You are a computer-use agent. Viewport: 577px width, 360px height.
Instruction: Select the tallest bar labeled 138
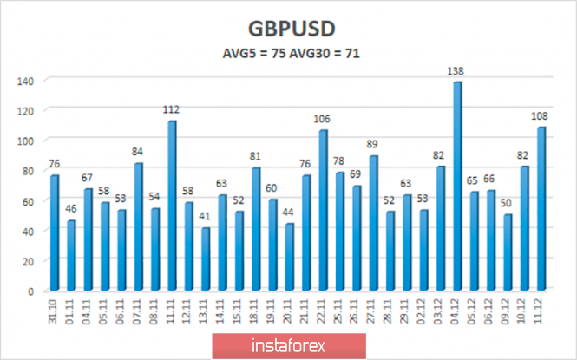tap(457, 187)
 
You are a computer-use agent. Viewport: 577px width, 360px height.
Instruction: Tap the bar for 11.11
tap(172, 206)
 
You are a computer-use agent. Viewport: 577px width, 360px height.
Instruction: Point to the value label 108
tap(541, 116)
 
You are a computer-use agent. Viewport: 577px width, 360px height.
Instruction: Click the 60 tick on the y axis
tap(27, 200)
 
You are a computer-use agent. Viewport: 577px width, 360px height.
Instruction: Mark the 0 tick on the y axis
tap(30, 291)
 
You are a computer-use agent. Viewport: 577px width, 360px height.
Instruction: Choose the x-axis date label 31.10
tap(55, 311)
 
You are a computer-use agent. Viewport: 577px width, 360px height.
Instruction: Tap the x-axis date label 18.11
tap(256, 311)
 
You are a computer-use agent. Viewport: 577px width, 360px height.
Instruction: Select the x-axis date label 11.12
tap(540, 311)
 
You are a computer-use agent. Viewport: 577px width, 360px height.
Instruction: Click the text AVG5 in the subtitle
tap(239, 54)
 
